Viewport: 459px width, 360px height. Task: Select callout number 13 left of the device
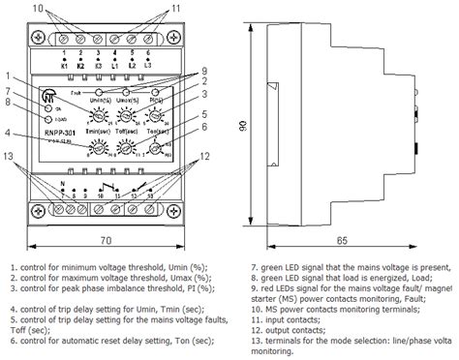coord(9,156)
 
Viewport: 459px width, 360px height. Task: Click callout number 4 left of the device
coord(9,133)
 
